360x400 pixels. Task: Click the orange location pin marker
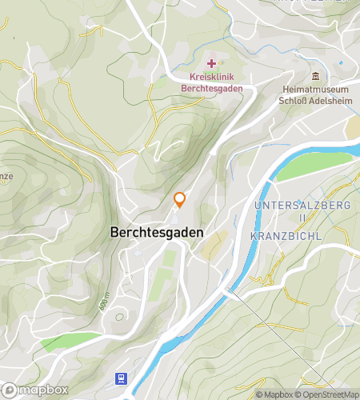[180, 200]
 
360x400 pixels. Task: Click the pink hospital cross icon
[211, 63]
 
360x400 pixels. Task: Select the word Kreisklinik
[211, 78]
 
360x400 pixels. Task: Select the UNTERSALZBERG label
[302, 206]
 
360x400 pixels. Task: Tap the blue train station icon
[121, 378]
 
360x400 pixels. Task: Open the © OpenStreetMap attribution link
[326, 394]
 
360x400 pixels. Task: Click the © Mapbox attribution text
[274, 394]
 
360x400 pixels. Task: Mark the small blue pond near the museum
[342, 62]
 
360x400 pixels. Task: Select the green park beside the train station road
[60, 342]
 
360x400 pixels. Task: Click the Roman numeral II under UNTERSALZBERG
[302, 218]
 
